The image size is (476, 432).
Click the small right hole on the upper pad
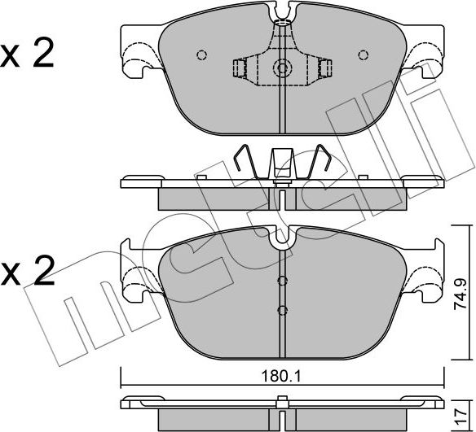361,55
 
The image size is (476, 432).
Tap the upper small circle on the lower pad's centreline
282,281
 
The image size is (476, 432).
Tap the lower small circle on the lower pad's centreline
282,311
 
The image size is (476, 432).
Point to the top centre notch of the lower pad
282,236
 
